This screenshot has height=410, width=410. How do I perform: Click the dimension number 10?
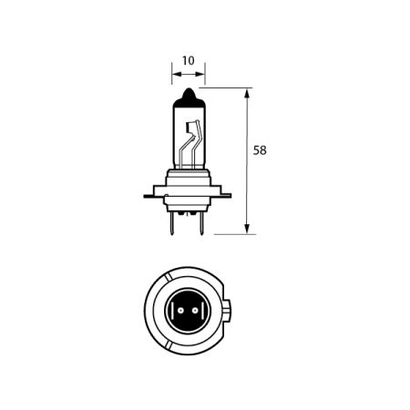coord(188,61)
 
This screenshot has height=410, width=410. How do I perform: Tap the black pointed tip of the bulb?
coord(188,93)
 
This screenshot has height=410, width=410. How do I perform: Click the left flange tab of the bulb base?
coord(149,194)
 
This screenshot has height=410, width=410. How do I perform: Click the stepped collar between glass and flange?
coord(188,179)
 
